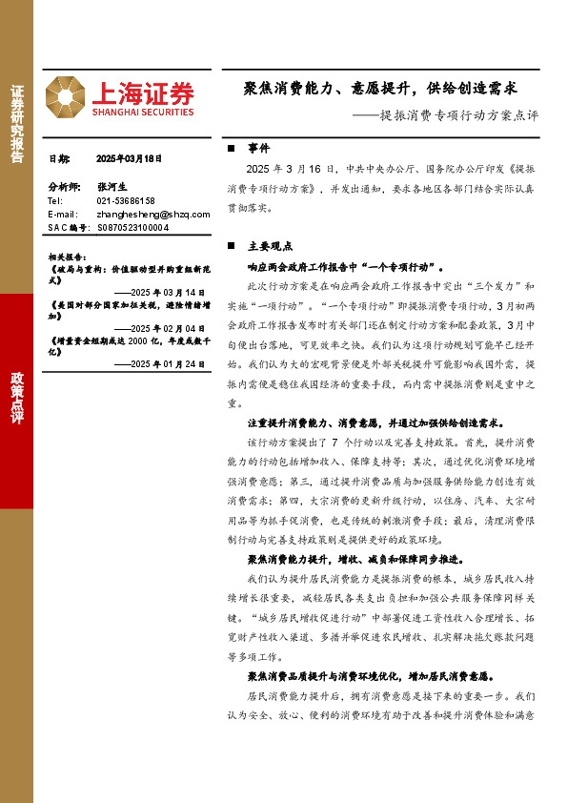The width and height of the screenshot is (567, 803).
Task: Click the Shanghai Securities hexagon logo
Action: tap(67, 95)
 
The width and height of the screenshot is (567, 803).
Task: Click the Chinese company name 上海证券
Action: tap(143, 92)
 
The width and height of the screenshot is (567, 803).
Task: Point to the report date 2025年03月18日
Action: tap(131, 159)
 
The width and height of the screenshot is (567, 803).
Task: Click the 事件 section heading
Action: tap(258, 150)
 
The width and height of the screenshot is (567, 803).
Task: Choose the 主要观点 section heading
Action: tap(270, 245)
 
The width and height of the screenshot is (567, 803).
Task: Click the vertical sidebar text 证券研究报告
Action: tap(16, 125)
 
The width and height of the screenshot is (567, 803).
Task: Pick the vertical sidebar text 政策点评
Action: tap(16, 390)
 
